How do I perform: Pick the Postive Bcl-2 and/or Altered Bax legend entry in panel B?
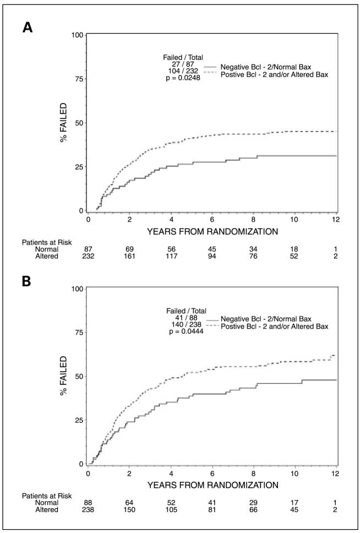tap(274, 327)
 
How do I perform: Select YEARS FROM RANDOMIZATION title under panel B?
tap(212, 485)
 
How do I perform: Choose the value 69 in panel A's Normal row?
tap(130, 248)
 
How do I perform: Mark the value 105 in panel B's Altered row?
tap(171, 509)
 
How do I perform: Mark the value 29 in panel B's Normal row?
tap(254, 502)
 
